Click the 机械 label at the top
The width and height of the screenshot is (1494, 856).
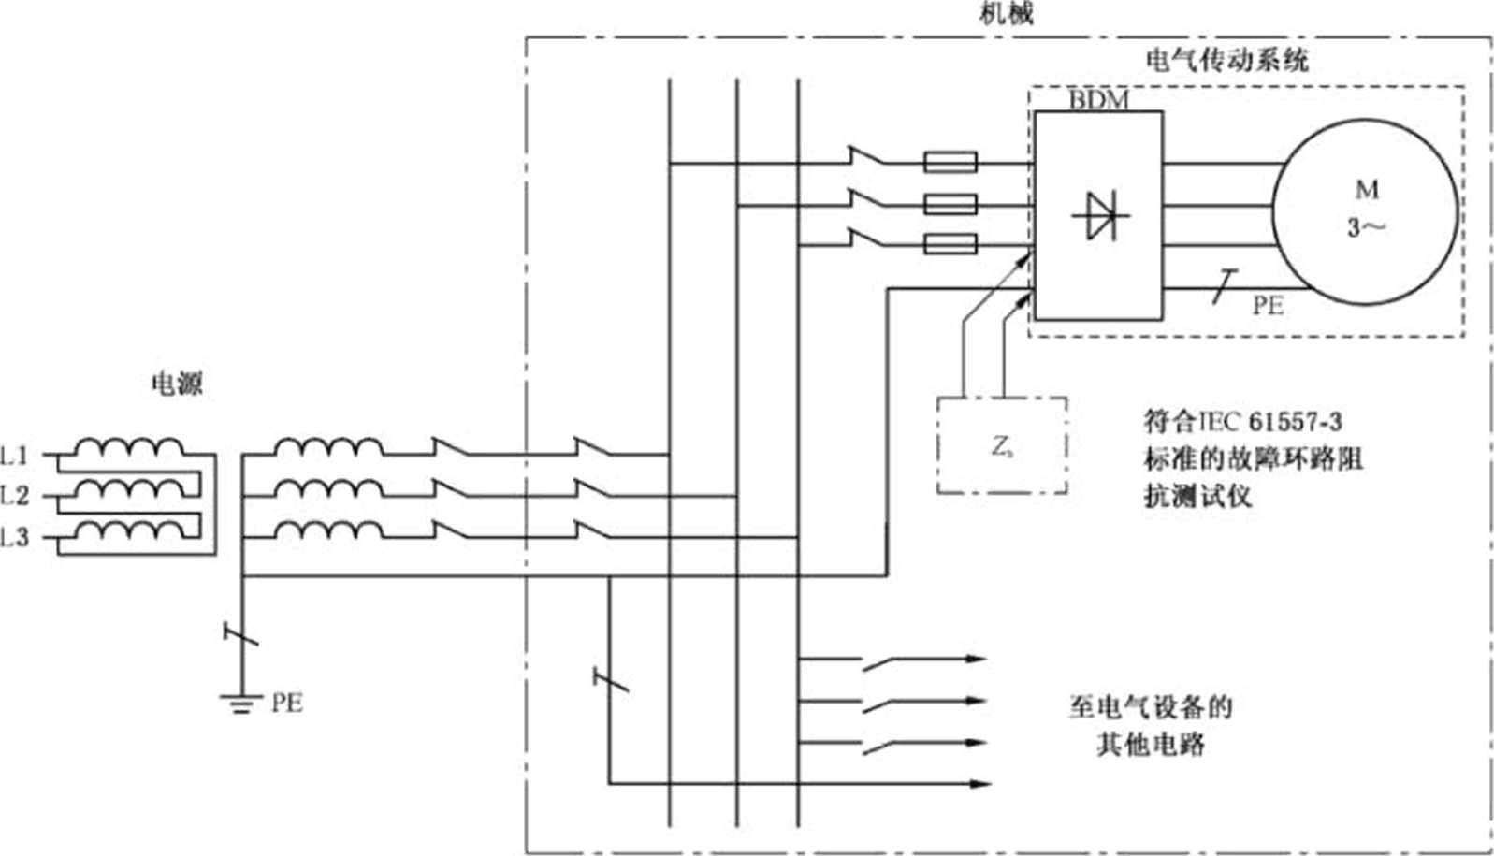(1006, 13)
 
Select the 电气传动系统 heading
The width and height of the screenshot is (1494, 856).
(1227, 60)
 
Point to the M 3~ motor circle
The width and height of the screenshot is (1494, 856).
(1367, 211)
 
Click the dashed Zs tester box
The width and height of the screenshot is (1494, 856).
(1002, 445)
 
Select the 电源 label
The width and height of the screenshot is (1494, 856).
(177, 384)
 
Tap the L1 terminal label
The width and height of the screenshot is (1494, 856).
(15, 456)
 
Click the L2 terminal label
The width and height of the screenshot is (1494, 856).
(15, 496)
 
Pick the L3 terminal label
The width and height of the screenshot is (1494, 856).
(15, 537)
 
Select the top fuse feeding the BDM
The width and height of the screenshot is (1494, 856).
(950, 163)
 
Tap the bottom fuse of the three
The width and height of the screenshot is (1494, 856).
(950, 245)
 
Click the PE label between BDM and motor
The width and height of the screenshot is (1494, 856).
(1268, 306)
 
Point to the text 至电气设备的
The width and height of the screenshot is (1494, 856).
(1150, 706)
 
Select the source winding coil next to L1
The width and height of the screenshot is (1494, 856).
(129, 447)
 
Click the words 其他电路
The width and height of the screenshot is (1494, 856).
(1150, 745)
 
